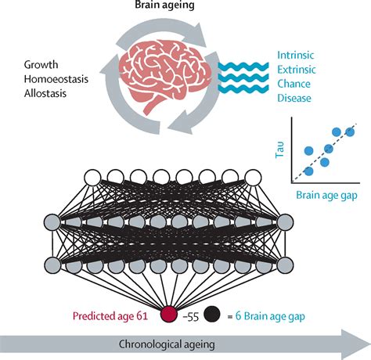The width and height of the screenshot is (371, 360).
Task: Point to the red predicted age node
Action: (168, 315)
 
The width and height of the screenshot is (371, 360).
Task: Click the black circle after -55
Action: (211, 315)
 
